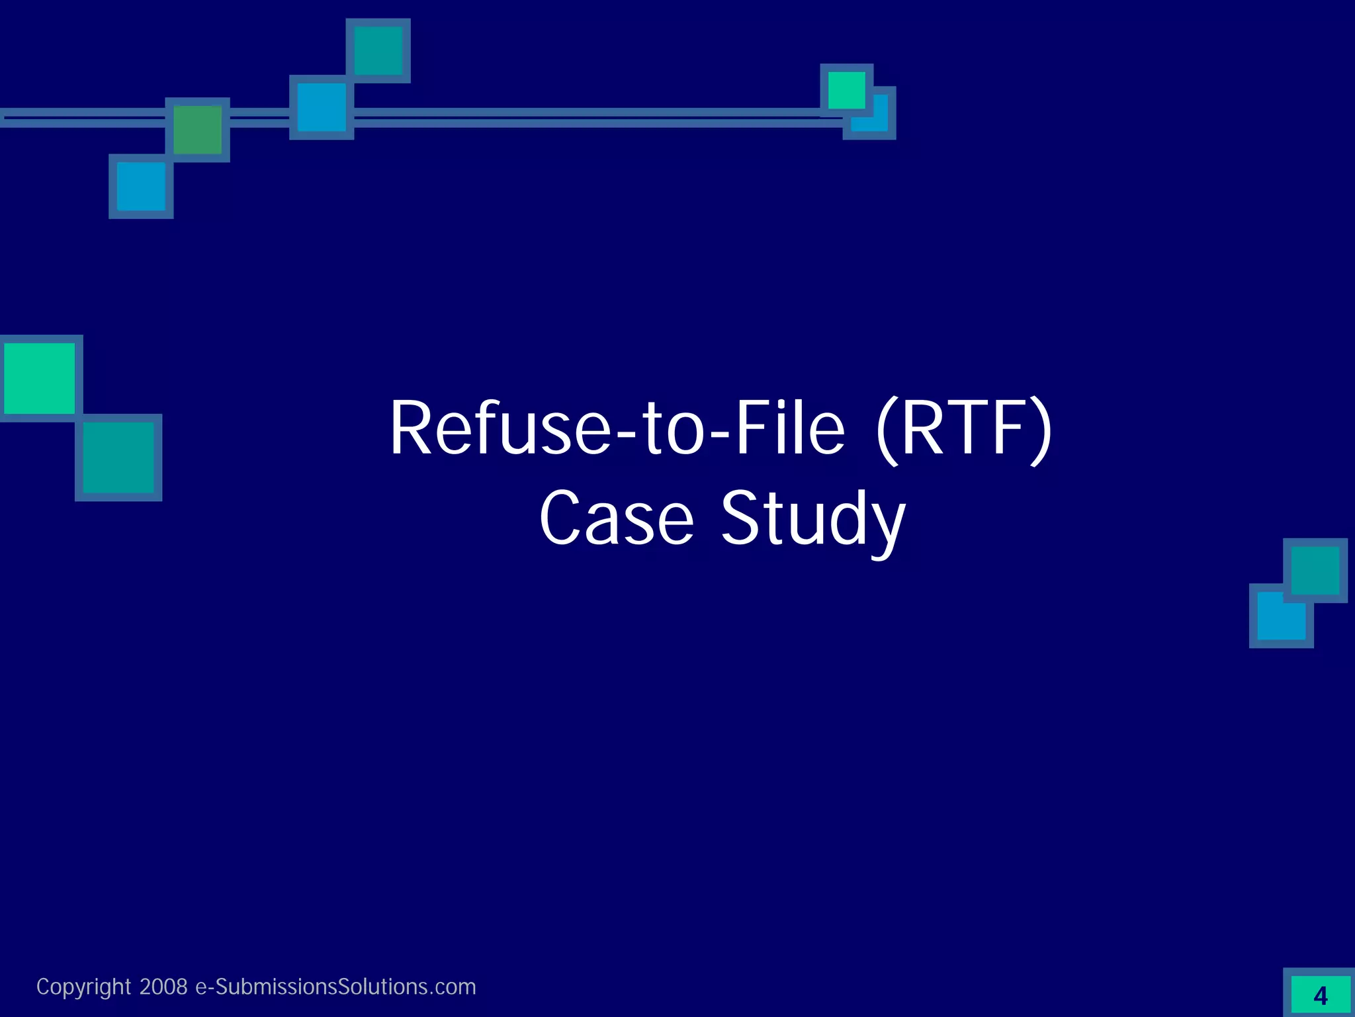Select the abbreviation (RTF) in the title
click(963, 429)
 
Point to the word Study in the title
click(812, 519)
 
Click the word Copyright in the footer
click(83, 987)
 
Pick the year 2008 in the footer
click(163, 987)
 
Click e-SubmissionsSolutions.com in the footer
click(335, 987)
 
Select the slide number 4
click(1320, 996)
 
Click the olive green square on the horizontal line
click(197, 130)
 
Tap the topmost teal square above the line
click(378, 50)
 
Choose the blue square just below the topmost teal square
click(322, 107)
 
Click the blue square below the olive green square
click(141, 186)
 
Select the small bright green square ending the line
click(846, 90)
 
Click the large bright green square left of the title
click(40, 378)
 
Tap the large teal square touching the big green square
click(118, 458)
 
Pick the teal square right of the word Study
click(1315, 570)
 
